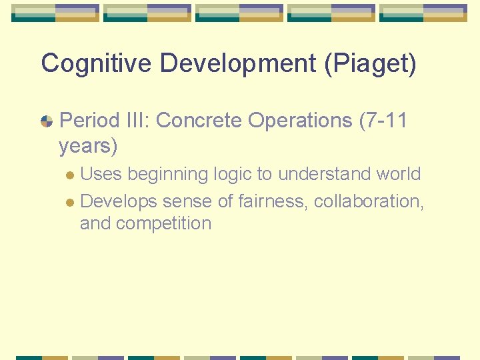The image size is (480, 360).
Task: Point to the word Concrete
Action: (199, 121)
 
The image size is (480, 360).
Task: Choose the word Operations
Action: (300, 121)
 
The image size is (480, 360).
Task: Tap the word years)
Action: (88, 145)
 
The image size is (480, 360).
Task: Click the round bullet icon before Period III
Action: (47, 121)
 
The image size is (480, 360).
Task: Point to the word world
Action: (399, 174)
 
